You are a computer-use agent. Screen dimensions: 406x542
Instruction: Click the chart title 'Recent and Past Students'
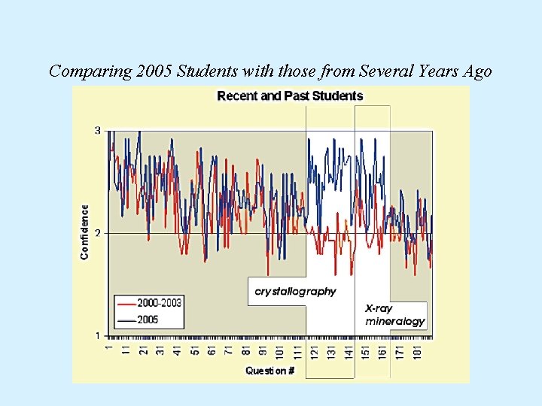point(290,96)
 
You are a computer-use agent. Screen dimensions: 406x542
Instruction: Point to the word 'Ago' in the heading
point(477,71)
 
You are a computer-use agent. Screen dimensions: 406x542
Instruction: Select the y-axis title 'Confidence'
point(84,232)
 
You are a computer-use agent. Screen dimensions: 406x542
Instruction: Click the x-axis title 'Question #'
point(270,371)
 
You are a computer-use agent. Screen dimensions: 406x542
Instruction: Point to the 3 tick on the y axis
point(97,131)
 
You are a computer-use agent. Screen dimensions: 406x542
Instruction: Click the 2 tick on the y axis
point(97,233)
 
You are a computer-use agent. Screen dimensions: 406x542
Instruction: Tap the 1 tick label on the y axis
point(97,335)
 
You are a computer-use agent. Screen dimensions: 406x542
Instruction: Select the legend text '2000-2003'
point(159,304)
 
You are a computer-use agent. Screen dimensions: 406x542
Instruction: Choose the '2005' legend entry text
point(148,319)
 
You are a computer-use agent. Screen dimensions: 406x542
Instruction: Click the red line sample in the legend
point(125,304)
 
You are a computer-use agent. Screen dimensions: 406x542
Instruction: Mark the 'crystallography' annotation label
point(296,291)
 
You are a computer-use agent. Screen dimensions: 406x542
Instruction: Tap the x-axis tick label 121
point(314,350)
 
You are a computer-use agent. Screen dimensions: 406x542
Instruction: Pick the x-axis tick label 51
point(194,350)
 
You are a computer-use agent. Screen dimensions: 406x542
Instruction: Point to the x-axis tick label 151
point(365,350)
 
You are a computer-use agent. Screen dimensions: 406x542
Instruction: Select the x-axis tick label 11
point(126,350)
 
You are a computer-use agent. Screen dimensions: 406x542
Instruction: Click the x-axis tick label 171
point(400,350)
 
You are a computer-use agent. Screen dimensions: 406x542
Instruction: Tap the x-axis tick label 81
point(245,350)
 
